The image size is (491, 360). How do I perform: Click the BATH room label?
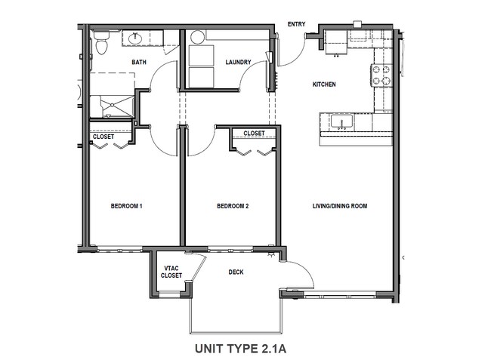pyautogui.click(x=139, y=62)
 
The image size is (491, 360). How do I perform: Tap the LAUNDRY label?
pyautogui.click(x=238, y=62)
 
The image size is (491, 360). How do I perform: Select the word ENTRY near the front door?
pyautogui.click(x=297, y=24)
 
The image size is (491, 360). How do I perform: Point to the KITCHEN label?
pyautogui.click(x=324, y=85)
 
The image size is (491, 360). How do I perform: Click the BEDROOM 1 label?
pyautogui.click(x=127, y=206)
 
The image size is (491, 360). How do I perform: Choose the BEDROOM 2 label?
pyautogui.click(x=233, y=206)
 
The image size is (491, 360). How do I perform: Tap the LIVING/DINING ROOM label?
pyautogui.click(x=340, y=206)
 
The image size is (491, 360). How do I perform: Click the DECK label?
pyautogui.click(x=236, y=273)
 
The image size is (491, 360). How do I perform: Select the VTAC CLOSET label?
pyautogui.click(x=171, y=272)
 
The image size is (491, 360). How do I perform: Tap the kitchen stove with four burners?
pyautogui.click(x=381, y=75)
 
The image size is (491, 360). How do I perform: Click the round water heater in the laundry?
pyautogui.click(x=197, y=38)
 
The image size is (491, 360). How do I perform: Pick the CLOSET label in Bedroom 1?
pyautogui.click(x=103, y=137)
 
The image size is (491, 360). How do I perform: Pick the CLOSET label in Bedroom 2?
pyautogui.click(x=254, y=134)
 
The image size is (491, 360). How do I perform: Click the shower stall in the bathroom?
pyautogui.click(x=112, y=106)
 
